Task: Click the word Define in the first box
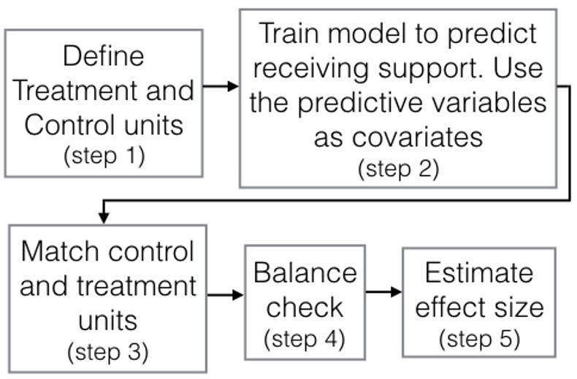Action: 104,56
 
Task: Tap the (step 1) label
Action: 104,156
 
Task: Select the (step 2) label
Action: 399,169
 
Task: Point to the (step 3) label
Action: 108,352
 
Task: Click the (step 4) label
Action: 305,339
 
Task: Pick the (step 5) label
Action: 479,339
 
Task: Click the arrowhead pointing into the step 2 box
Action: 233,86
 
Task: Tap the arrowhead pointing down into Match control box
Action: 104,217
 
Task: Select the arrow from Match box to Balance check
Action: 225,295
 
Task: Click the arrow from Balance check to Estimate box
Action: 383,292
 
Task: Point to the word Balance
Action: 305,272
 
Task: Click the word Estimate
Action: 479,272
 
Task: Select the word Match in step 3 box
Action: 61,252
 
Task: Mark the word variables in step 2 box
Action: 489,102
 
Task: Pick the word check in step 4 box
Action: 305,307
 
